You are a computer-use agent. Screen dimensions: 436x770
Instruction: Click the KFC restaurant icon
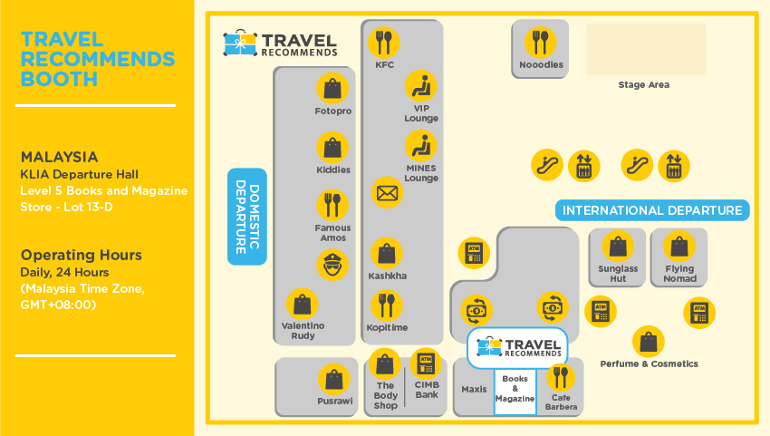(x=385, y=42)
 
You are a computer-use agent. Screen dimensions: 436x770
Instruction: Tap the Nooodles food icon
(x=541, y=42)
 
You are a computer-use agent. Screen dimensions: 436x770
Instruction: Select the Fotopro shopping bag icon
(x=332, y=88)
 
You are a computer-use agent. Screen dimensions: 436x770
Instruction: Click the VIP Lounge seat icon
(x=420, y=86)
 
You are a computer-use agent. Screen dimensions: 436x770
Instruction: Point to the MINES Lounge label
(x=421, y=173)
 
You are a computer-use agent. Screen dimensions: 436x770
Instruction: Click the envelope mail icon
(x=387, y=192)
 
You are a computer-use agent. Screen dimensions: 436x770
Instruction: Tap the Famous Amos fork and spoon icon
(x=332, y=205)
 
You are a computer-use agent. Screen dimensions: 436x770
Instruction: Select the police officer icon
(x=332, y=265)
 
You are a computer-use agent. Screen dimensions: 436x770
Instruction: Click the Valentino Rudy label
(x=303, y=330)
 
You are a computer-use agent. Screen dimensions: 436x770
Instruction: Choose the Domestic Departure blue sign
(x=246, y=216)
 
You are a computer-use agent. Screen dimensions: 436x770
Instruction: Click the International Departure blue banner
(x=652, y=211)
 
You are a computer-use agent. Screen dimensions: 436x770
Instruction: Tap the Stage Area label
(x=644, y=85)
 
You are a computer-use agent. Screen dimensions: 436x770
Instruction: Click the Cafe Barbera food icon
(x=560, y=376)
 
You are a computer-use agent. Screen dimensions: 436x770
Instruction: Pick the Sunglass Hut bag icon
(x=618, y=247)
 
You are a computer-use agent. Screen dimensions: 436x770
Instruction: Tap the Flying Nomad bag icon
(x=679, y=247)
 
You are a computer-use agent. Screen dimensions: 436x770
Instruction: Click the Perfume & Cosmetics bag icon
(x=648, y=342)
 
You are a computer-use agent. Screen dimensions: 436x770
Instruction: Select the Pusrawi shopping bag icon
(x=335, y=379)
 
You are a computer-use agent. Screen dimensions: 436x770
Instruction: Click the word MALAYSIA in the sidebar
(x=59, y=156)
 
